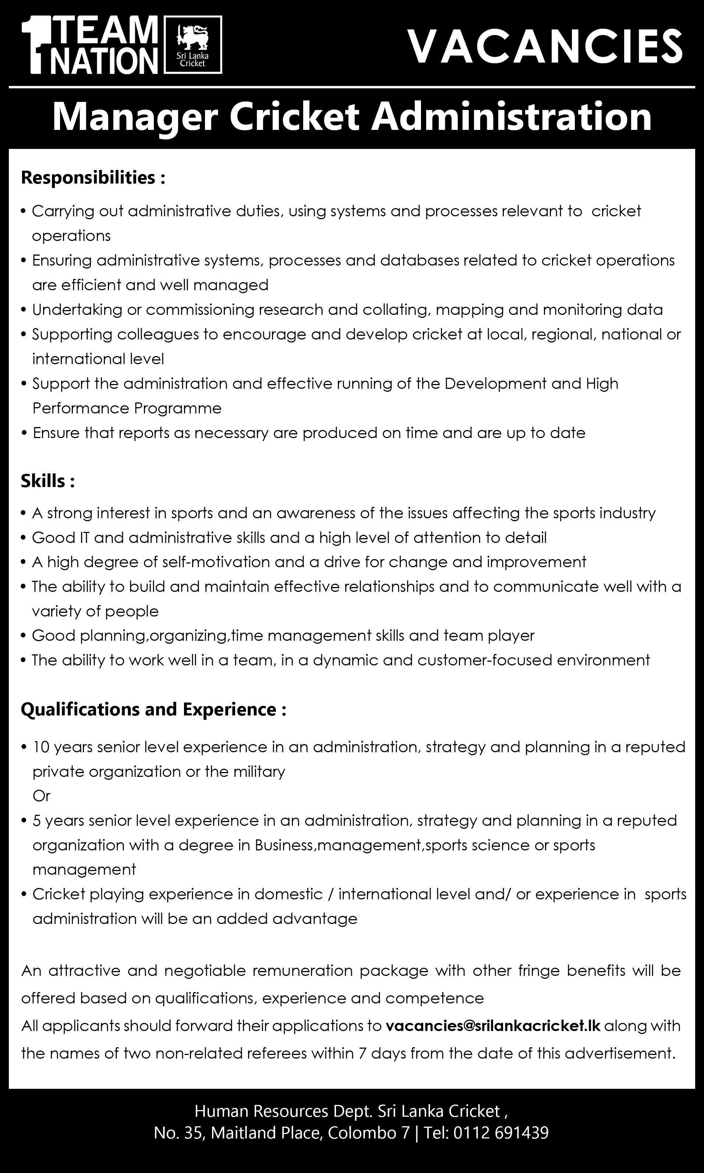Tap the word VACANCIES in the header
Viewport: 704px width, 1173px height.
pyautogui.click(x=545, y=46)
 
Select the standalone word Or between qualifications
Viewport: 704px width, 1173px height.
pyautogui.click(x=41, y=796)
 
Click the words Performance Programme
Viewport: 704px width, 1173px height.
pyautogui.click(x=127, y=408)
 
